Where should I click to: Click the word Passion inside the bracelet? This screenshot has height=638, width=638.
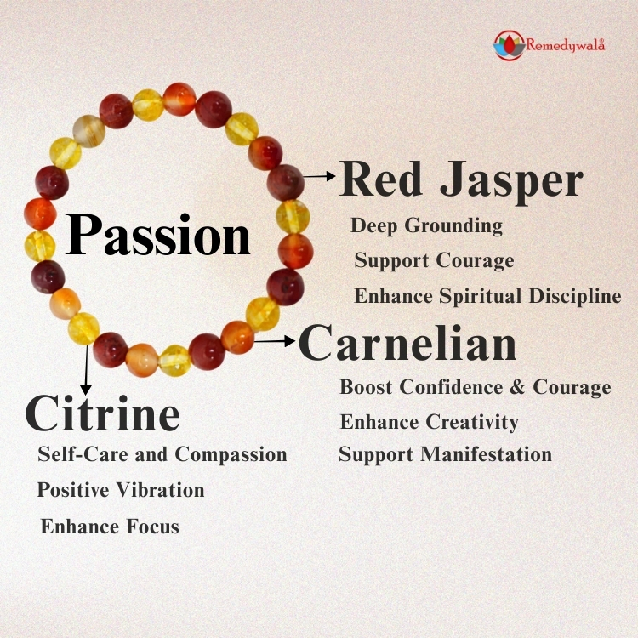159,235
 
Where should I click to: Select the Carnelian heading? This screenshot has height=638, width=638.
407,344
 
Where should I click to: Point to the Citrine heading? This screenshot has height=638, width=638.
103,413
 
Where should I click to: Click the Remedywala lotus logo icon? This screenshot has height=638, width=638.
508,45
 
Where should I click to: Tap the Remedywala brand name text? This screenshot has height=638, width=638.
566,46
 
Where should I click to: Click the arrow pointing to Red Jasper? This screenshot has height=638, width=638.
320,176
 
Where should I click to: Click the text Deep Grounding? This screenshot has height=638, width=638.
426,226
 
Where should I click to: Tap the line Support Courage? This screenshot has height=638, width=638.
434,260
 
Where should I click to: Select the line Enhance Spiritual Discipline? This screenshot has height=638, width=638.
487,296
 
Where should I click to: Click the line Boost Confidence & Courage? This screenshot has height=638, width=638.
475,387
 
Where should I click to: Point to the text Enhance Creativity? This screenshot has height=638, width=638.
429,421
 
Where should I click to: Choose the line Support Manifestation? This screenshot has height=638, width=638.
445,454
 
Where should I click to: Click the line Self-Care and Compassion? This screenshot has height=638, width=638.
162,453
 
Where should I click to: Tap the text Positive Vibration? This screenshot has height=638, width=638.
121,490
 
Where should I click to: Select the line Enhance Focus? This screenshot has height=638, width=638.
110,526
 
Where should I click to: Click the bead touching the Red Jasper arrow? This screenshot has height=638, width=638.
285,181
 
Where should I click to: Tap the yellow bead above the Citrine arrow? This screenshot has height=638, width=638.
83,328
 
